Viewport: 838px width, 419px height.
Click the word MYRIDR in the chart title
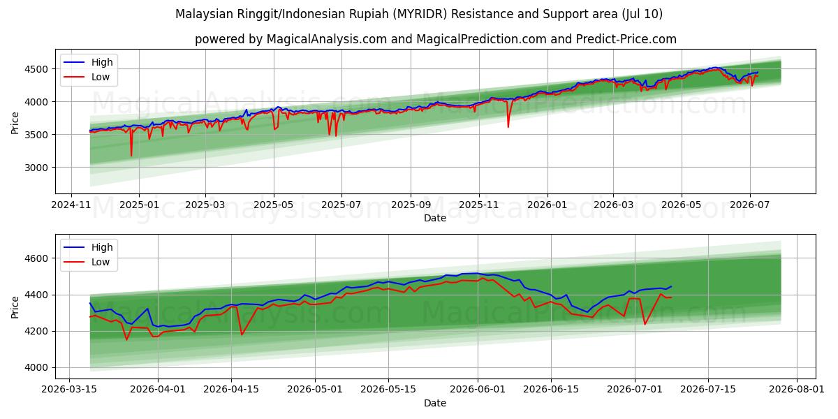coord(422,14)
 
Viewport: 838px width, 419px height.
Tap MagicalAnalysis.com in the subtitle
coord(327,39)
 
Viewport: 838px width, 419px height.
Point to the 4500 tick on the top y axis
coord(36,69)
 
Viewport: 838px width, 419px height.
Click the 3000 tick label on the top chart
coord(36,168)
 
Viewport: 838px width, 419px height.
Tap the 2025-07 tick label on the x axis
coord(341,205)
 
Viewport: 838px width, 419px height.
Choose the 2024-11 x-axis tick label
coord(71,205)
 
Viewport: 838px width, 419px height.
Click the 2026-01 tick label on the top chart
coord(547,205)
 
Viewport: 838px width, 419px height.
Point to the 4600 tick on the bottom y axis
coord(36,258)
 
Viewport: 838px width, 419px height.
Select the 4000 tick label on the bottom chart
coord(36,368)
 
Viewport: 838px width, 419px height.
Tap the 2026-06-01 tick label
coord(478,390)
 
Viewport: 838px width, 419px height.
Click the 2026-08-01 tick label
coord(797,390)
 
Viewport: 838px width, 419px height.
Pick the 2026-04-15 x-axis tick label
coord(231,390)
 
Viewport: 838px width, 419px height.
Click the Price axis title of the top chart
coord(15,123)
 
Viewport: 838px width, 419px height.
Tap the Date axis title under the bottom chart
coord(435,403)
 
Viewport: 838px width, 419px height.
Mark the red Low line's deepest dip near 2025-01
coord(131,156)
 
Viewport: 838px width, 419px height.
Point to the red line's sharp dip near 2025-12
coord(508,127)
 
